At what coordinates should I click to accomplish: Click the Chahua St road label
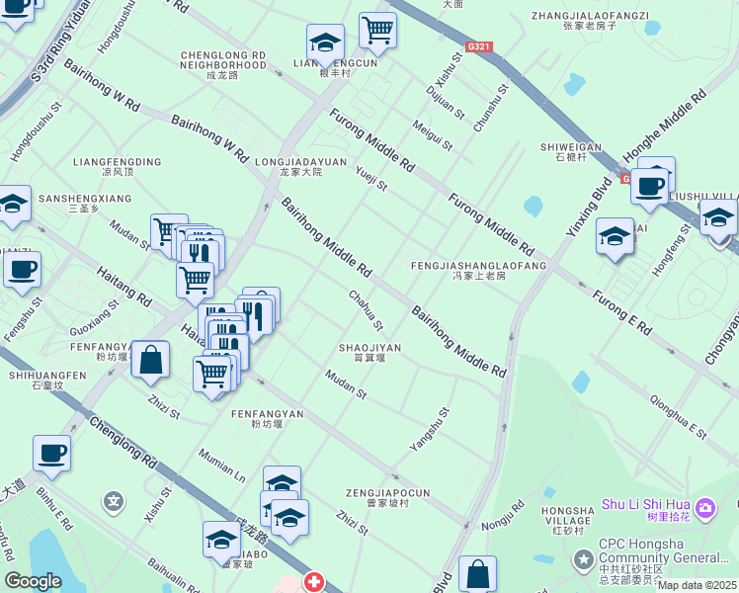coord(366,311)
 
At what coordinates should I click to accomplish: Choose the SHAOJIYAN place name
coord(369,348)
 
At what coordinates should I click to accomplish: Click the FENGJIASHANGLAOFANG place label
coord(479,266)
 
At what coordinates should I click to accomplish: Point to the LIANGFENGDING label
coord(118,161)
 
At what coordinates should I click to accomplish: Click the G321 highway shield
coord(479,46)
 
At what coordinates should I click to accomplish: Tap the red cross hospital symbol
coord(314,582)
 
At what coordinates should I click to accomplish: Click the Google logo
coord(33,581)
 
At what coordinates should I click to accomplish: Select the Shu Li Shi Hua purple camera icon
coord(705,508)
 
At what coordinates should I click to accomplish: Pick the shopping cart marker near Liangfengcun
coord(377,30)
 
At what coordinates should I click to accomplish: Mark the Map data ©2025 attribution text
coord(697,585)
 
